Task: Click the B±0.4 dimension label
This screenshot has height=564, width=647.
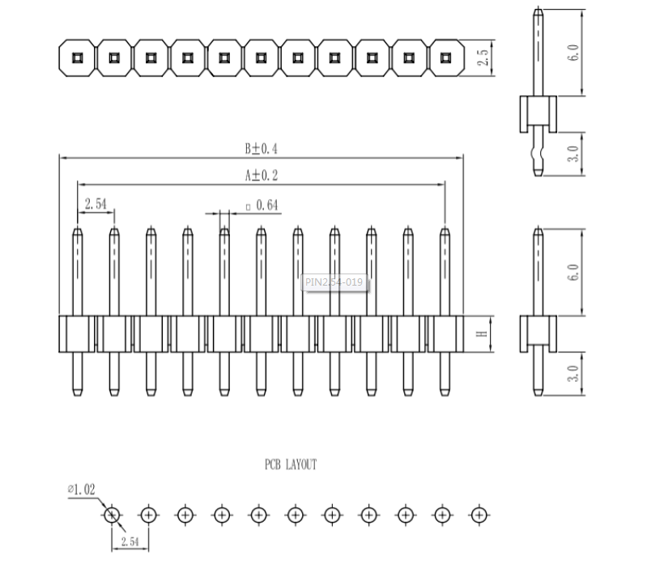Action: pos(262,148)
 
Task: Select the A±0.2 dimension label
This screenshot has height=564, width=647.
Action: pos(262,176)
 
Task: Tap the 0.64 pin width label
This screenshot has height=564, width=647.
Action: pos(267,205)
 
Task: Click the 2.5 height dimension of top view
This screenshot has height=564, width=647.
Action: pos(483,57)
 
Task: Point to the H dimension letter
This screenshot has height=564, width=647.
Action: pos(482,333)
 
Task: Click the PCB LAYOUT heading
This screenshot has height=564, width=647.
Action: pos(291,464)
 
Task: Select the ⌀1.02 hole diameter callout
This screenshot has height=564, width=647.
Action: pos(81,490)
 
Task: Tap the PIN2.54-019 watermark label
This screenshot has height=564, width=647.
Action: pos(334,282)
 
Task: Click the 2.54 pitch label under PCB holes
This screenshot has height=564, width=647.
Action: pos(130,541)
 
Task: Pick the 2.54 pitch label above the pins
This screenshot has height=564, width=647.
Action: pos(96,204)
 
